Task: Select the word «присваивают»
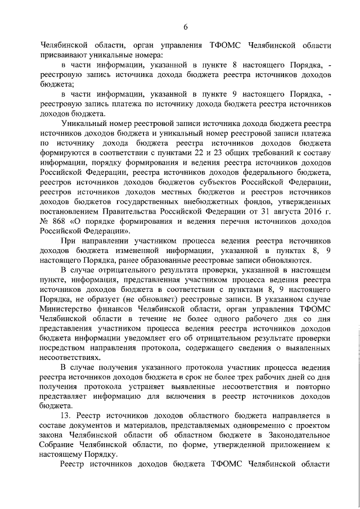[65, 56]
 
